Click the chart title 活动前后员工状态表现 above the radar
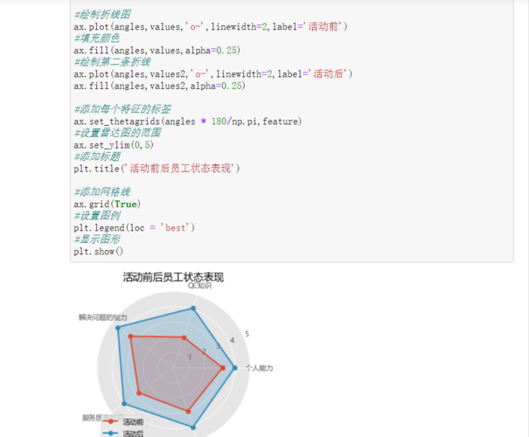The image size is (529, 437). click(173, 277)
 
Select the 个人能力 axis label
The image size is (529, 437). click(260, 369)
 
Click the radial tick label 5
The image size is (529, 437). click(247, 334)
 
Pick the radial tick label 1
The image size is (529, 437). click(190, 357)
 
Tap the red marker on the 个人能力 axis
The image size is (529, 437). click(223, 368)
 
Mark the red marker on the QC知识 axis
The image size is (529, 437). click(184, 338)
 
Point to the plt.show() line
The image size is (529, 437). click(99, 252)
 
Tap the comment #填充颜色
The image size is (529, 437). click(97, 38)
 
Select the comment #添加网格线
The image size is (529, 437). click(102, 191)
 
